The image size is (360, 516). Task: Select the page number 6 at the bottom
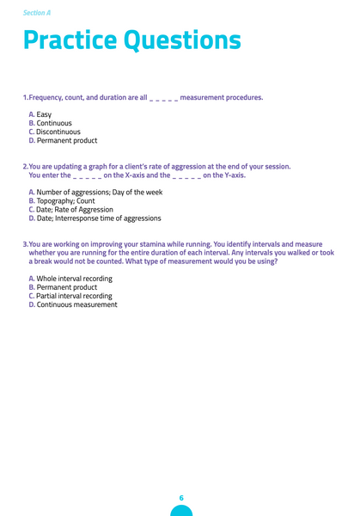click(x=181, y=498)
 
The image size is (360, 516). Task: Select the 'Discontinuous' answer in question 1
click(x=59, y=132)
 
